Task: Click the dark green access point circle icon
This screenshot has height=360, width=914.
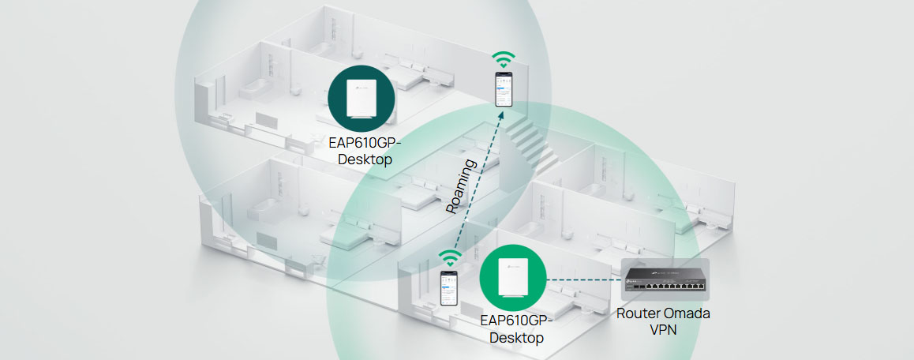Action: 361,96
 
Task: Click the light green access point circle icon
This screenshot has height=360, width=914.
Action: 514,277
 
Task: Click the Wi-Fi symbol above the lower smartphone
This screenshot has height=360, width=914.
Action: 449,257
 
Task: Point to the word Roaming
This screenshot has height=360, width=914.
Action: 462,187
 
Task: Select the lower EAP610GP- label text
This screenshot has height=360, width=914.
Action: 517,321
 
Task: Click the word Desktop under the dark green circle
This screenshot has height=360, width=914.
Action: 365,159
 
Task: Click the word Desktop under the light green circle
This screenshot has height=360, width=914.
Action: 517,338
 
